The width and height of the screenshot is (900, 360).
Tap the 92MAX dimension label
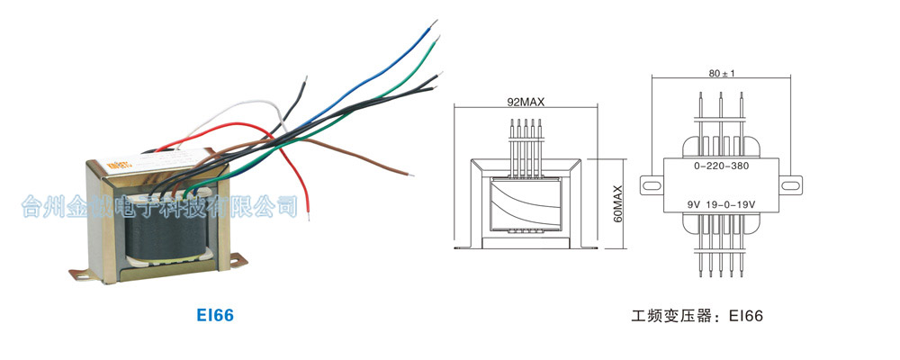(x=526, y=103)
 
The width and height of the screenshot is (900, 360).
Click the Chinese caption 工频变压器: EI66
(x=697, y=317)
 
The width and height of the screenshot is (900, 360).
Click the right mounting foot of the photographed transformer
(x=236, y=261)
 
